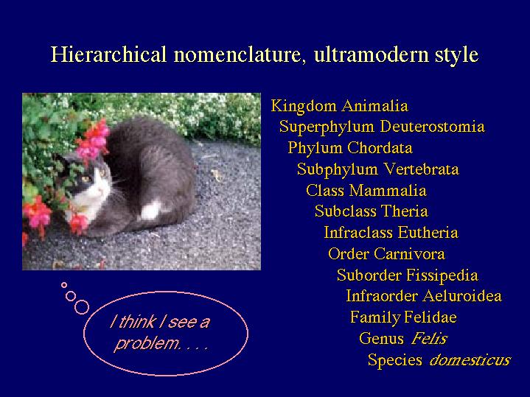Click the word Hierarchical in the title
coord(108,54)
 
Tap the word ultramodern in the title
coord(371,54)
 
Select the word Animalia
coord(374,106)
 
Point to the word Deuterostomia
coord(432,127)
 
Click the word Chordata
coord(380,148)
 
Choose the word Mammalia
coord(388,191)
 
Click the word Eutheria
coord(428,233)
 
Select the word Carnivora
coord(409,254)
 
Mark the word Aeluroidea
coord(462,296)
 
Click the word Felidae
coord(430,317)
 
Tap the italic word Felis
coord(429,338)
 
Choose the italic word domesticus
coord(470,359)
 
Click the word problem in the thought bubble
coord(147,344)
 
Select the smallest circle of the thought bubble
coord(64,285)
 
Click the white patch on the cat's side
coord(150,210)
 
